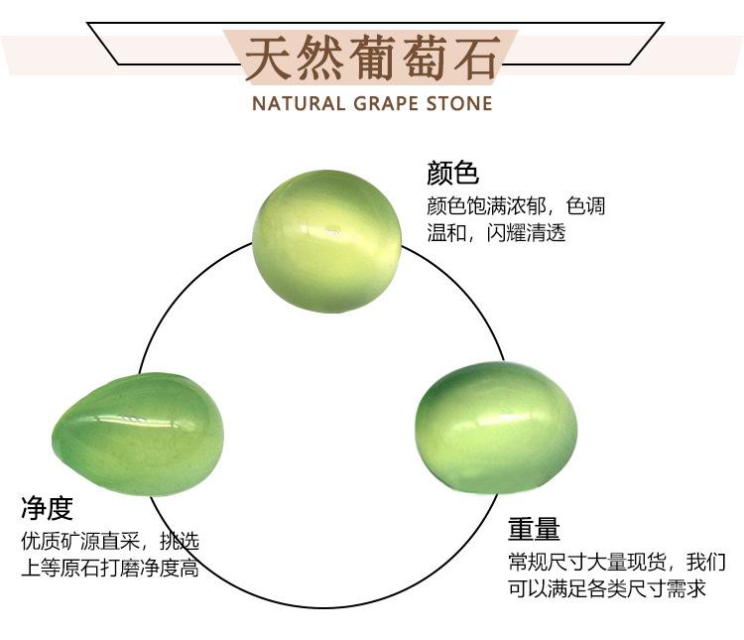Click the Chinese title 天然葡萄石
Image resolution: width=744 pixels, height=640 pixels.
372,58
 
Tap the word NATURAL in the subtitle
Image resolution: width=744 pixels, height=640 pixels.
299,103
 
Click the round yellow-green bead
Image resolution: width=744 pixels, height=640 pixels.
327,241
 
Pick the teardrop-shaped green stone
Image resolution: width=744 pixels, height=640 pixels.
138,434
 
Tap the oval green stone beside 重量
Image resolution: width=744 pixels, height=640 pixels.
496,428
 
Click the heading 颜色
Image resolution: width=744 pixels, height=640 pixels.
452,173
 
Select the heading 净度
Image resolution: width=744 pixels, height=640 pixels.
47,508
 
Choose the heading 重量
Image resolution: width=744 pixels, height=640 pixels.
535,529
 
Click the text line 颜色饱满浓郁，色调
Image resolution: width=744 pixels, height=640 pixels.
516,206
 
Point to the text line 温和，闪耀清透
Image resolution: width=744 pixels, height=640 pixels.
496,232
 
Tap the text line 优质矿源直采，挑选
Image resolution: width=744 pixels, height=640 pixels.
110,541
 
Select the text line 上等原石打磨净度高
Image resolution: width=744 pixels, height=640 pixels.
110,568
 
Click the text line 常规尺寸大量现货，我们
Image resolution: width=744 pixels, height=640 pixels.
617,563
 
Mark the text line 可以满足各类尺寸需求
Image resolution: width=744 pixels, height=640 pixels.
607,588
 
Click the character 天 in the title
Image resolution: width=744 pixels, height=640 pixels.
268,58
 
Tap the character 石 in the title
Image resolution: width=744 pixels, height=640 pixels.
477,58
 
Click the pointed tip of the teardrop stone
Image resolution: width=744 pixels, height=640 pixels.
54,440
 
